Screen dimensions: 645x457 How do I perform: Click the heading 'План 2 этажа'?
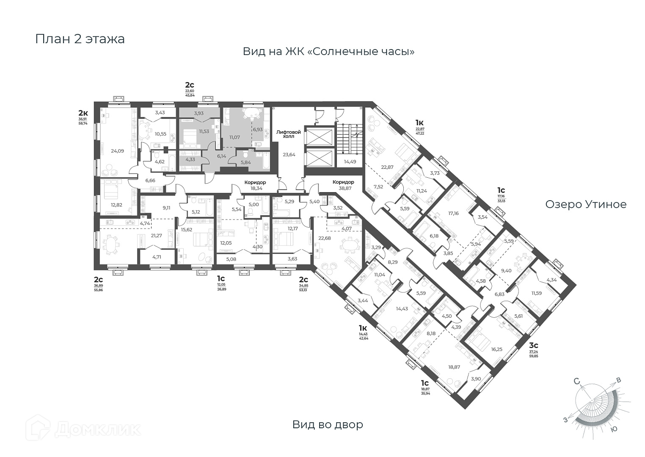coord(80,39)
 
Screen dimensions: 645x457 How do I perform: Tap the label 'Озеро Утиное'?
coord(586,204)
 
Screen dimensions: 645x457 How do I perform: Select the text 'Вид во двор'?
coord(328,424)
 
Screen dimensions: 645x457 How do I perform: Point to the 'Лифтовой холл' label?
coord(289,135)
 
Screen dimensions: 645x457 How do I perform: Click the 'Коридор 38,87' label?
coord(343,185)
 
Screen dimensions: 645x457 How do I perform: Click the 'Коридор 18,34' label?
coord(255,185)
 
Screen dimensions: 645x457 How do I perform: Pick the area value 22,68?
coord(325,238)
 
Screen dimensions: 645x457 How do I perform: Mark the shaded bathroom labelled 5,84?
coord(246,162)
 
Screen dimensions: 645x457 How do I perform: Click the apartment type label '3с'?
coord(534,345)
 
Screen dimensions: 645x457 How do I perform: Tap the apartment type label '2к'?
coord(83,113)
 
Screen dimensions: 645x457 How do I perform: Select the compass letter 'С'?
coord(577,381)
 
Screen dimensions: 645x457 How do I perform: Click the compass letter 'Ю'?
coord(615,429)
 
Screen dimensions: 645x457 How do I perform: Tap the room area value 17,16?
coord(453,213)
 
